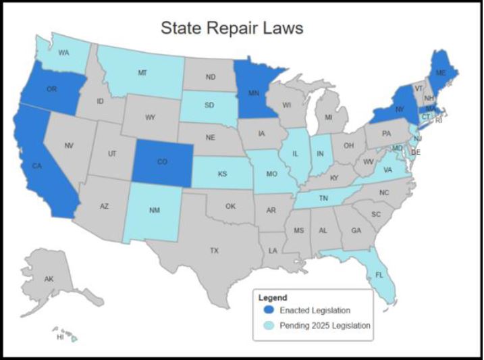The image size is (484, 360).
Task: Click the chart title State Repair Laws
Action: (232, 28)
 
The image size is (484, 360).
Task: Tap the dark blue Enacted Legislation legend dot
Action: (269, 311)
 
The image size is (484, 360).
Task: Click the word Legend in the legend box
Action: (273, 297)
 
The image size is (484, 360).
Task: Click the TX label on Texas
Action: (214, 250)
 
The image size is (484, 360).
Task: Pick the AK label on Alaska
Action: (49, 279)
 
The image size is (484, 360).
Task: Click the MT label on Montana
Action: (142, 72)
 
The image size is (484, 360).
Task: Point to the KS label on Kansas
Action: (222, 174)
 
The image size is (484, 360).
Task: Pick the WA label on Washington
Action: (63, 52)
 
